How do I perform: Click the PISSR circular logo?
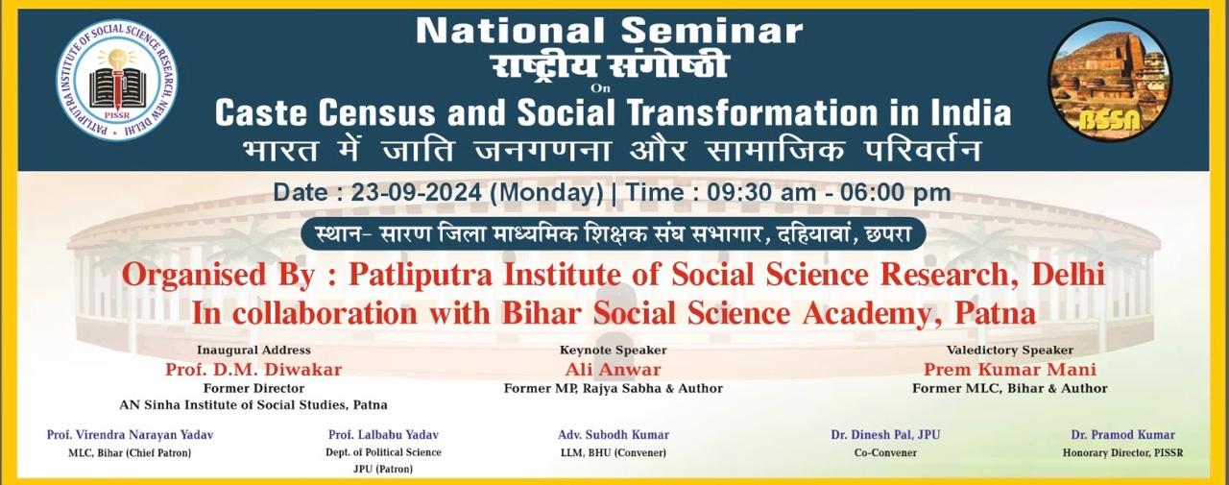pos(117,81)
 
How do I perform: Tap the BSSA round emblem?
pos(1109,80)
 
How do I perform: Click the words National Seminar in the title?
pos(609,31)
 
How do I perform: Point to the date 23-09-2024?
pos(417,193)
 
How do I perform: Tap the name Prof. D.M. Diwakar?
pos(253,370)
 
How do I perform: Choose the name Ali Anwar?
pos(613,370)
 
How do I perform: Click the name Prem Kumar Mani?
pos(1010,370)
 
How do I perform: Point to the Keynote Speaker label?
pos(613,350)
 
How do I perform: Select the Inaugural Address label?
pos(253,350)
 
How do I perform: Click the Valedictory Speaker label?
pos(1010,350)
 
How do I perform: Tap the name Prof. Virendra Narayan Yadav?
pos(130,435)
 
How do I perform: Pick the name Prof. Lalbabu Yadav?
pos(383,435)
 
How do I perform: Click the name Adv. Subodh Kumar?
pos(614,435)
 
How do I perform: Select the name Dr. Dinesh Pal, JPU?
pos(885,435)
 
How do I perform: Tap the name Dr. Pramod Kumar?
pos(1123,435)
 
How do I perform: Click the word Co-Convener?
pos(885,453)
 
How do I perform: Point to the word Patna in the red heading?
pos(996,314)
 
